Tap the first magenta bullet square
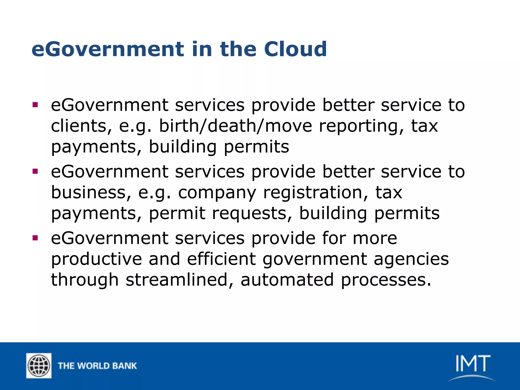tap(35, 105)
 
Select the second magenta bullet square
tap(35, 171)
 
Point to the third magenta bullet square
tap(35, 238)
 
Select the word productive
tap(96, 259)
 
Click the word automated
tap(287, 280)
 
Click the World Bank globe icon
tap(39, 366)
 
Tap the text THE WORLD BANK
tap(97, 366)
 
